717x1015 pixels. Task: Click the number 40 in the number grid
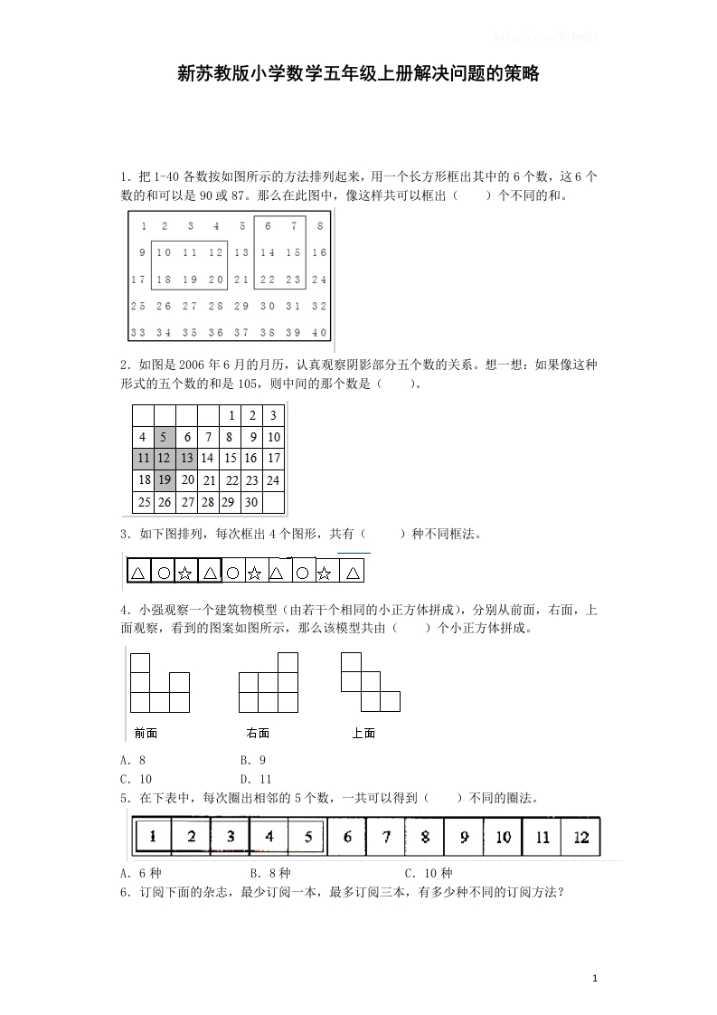point(319,332)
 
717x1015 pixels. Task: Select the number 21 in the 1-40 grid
point(241,280)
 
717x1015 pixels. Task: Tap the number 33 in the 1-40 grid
point(138,332)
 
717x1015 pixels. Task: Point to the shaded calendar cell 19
point(165,479)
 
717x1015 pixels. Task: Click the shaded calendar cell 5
point(165,437)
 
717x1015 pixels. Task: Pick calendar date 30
point(251,501)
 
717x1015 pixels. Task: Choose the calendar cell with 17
point(274,459)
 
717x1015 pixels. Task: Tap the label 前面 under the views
point(145,733)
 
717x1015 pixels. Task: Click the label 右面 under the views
point(258,733)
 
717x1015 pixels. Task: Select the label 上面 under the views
point(363,733)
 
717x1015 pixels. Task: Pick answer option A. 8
point(133,760)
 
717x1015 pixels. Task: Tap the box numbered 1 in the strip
point(154,837)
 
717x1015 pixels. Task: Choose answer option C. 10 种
point(429,873)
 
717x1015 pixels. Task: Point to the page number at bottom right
point(594,978)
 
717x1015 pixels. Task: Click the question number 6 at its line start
point(123,892)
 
